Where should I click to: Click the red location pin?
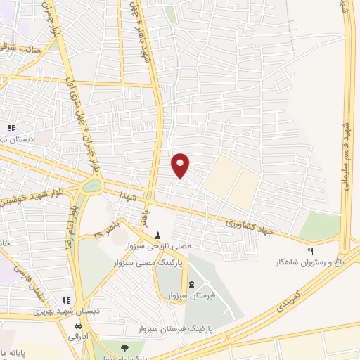181,165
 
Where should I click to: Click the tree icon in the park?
124,347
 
